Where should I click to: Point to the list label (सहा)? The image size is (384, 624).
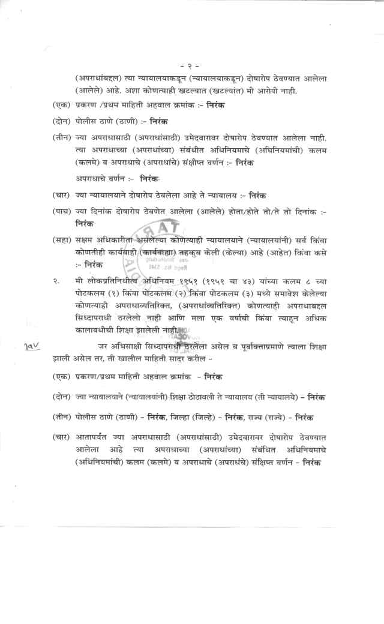point(63,239)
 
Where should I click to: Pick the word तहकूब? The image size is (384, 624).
point(185,252)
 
